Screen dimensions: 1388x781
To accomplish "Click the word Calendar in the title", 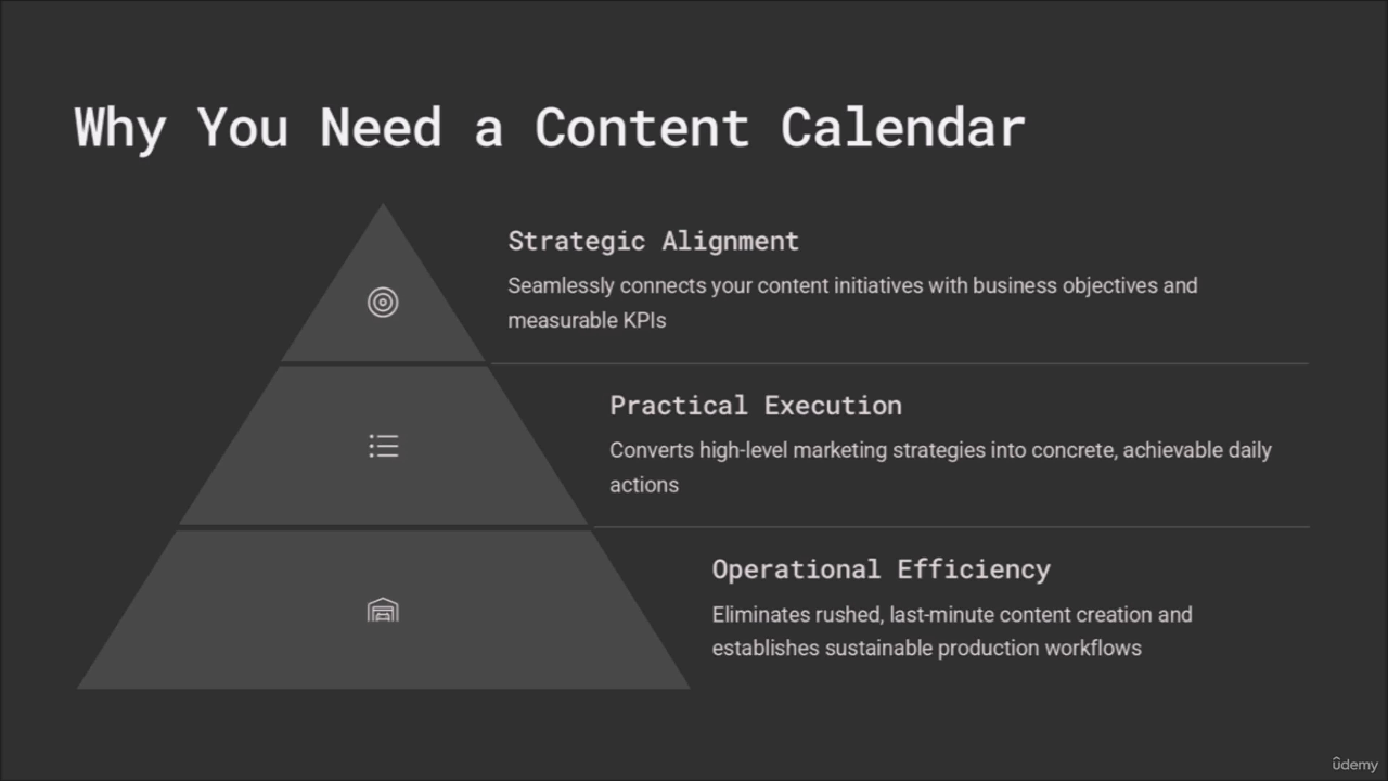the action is pyautogui.click(x=903, y=127).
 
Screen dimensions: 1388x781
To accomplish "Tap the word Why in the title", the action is pyautogui.click(x=120, y=130).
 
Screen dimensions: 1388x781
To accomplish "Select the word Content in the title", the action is pyautogui.click(x=642, y=127).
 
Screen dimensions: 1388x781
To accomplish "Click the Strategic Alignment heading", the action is pyautogui.click(x=653, y=241).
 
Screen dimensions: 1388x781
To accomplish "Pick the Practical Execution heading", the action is pyautogui.click(x=755, y=405).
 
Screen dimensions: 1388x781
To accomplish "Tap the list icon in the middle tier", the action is pyautogui.click(x=384, y=446).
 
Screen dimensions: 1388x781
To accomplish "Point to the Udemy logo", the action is pyautogui.click(x=1355, y=764).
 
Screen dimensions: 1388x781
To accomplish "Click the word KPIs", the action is pyautogui.click(x=644, y=320).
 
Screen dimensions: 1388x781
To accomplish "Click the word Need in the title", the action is pyautogui.click(x=381, y=127).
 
